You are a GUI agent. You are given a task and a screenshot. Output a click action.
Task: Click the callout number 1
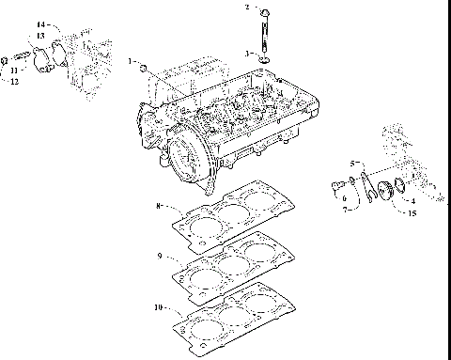131,61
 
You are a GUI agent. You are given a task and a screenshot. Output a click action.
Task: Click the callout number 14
40,23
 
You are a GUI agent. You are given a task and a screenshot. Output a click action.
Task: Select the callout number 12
14,82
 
